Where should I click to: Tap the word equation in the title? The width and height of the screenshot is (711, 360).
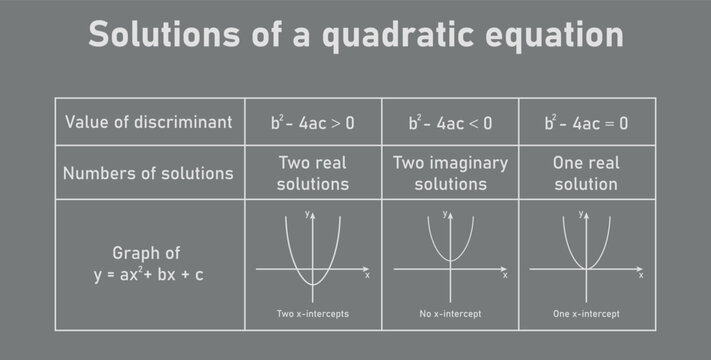(x=546, y=34)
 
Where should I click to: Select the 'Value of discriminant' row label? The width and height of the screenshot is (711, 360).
(x=148, y=122)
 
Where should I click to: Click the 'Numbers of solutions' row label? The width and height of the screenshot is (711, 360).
(x=148, y=173)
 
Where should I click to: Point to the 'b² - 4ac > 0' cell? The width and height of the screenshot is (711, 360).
(x=312, y=123)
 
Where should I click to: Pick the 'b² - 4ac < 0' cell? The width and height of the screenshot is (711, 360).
(x=450, y=123)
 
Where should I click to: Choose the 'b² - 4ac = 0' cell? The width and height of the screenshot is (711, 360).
(x=586, y=123)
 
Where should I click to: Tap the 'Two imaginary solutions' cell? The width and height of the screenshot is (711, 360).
(x=450, y=173)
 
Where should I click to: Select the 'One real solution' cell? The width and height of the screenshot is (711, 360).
(x=586, y=173)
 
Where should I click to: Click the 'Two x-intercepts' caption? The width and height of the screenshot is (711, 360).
(x=313, y=314)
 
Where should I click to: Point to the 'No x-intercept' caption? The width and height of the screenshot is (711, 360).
(x=450, y=314)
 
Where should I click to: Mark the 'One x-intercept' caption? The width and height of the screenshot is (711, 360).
(x=586, y=314)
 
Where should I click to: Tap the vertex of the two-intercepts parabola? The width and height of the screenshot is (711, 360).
(x=313, y=285)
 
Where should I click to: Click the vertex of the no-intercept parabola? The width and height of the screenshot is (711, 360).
(x=450, y=261)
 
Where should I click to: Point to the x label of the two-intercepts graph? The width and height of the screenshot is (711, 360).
(x=367, y=275)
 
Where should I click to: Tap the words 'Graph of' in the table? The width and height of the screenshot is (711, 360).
(x=148, y=253)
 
